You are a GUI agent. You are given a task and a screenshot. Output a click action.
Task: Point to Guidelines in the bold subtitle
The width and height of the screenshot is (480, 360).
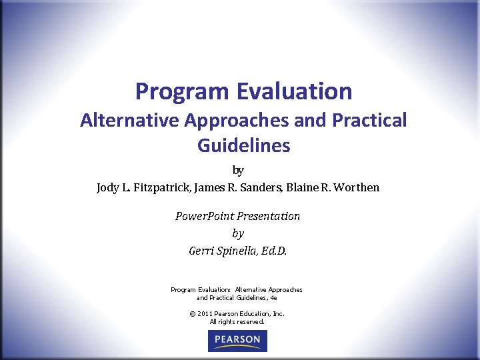click(243, 145)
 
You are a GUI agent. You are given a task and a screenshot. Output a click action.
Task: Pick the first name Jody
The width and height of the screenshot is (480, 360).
click(107, 187)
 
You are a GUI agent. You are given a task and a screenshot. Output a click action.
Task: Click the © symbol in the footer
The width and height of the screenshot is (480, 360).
click(192, 313)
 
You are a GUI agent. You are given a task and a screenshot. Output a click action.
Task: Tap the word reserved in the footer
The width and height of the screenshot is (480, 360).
click(249, 321)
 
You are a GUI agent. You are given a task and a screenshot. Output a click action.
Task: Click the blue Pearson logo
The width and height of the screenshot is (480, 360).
click(237, 341)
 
